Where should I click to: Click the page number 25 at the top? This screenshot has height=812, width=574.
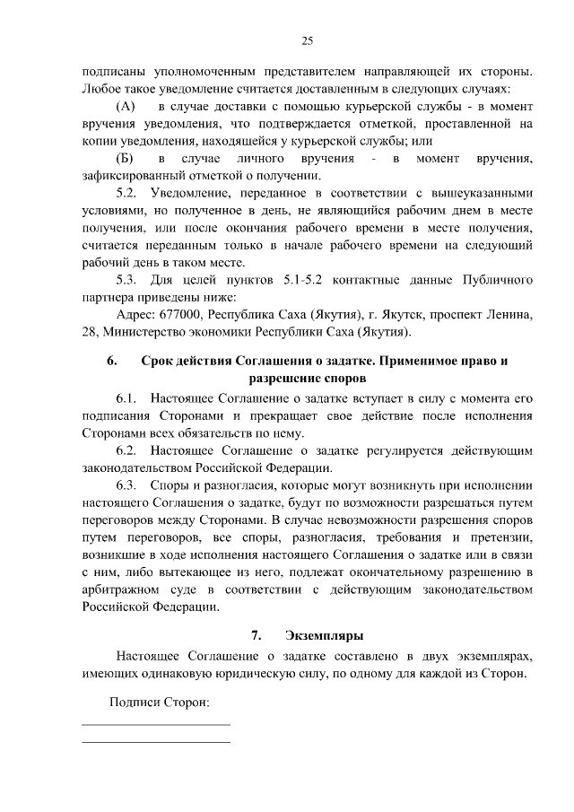[307, 41]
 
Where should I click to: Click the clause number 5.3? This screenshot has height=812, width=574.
[128, 280]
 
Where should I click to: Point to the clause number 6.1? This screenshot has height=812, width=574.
[128, 397]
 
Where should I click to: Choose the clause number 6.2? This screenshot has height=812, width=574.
[128, 450]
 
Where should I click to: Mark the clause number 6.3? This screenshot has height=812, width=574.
[128, 485]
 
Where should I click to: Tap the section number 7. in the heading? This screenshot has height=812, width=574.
[257, 635]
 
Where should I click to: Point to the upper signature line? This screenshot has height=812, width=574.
[156, 724]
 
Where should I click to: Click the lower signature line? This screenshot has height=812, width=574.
[156, 742]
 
